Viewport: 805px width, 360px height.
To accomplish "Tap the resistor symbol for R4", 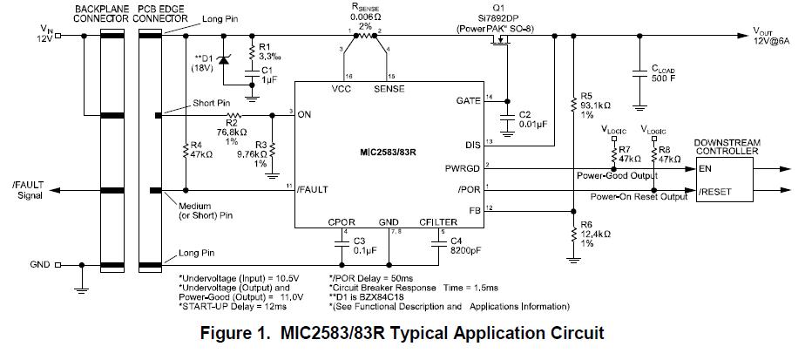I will tap(186, 153).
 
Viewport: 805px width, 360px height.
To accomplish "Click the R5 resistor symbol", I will tap(573, 104).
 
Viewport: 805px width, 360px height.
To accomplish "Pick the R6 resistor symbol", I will tap(573, 233).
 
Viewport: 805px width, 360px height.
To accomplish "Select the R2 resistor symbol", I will tap(233, 115).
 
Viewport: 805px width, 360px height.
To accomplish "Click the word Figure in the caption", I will tap(228, 334).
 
